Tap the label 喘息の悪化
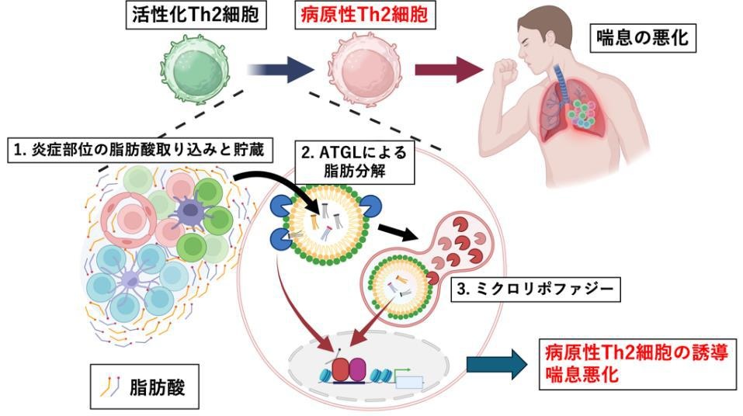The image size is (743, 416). click(644, 37)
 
